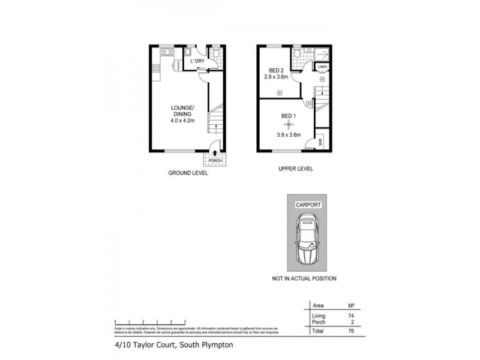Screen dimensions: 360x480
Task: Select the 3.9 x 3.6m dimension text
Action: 288,135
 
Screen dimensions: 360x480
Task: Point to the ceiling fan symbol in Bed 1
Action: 289,124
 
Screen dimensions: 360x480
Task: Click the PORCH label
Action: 215,161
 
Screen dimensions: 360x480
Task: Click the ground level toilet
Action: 218,53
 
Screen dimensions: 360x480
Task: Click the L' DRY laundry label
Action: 197,61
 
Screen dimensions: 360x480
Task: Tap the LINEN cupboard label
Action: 322,67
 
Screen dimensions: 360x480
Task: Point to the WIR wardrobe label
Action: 321,142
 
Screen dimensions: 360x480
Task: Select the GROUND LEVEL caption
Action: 188,173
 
